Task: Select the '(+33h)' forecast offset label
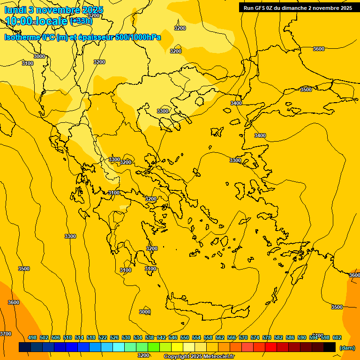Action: click(x=81, y=21)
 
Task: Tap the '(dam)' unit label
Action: click(x=347, y=348)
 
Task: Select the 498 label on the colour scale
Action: click(x=32, y=337)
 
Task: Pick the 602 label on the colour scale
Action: click(x=337, y=337)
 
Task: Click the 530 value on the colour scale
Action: click(x=126, y=337)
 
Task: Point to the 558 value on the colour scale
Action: click(x=208, y=337)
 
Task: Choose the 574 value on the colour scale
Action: click(x=255, y=337)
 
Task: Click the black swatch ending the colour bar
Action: click(x=330, y=347)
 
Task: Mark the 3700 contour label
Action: click(x=6, y=334)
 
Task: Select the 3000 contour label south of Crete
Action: click(x=145, y=312)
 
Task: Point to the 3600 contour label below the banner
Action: click(x=319, y=49)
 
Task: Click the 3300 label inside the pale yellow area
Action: click(x=163, y=111)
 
